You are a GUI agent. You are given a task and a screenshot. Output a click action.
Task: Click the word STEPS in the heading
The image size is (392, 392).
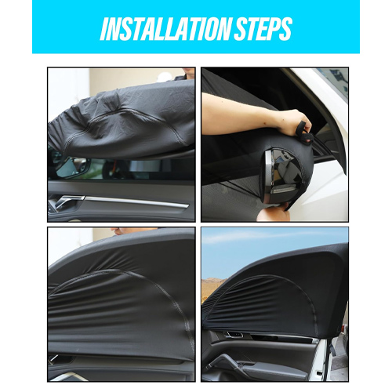click(x=263, y=28)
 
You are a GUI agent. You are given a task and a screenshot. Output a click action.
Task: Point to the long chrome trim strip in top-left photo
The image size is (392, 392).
click(x=136, y=201)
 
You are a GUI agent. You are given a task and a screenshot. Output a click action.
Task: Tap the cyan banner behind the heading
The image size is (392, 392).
click(x=196, y=27)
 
